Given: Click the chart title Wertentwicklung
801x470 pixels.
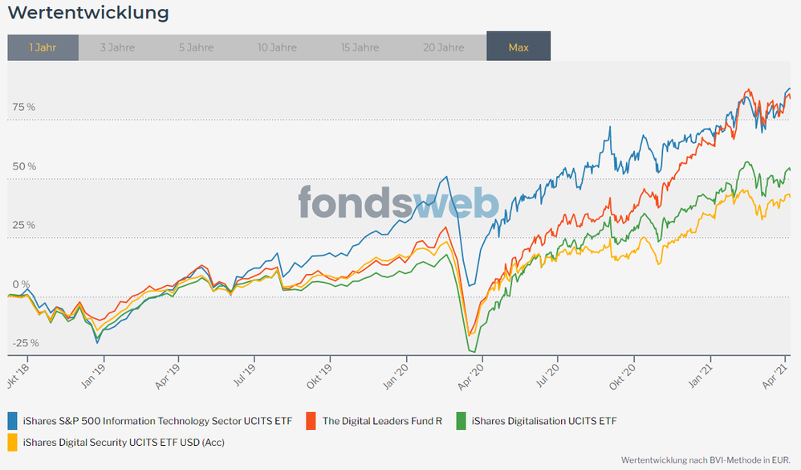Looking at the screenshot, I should [x=88, y=13].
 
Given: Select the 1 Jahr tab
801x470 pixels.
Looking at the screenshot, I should [x=43, y=47].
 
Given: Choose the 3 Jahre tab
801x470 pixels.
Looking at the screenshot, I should [x=117, y=47].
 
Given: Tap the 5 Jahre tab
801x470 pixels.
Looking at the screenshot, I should [x=196, y=47].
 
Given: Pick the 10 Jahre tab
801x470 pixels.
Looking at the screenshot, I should [x=277, y=47].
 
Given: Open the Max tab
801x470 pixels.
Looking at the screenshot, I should [x=518, y=47].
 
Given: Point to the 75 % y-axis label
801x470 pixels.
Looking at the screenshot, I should [x=24, y=107].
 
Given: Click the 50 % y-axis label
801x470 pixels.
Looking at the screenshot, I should [x=24, y=166].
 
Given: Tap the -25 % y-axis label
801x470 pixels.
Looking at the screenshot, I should [x=24, y=343].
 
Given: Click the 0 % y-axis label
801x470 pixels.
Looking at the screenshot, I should [x=21, y=284].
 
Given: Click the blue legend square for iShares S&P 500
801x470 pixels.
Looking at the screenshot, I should [x=14, y=420].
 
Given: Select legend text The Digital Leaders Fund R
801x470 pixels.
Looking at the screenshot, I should [x=382, y=420].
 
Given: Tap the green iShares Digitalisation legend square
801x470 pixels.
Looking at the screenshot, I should [x=461, y=420].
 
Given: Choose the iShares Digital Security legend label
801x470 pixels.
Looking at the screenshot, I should [x=124, y=441].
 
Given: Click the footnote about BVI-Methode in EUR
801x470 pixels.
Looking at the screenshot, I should [x=706, y=460].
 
